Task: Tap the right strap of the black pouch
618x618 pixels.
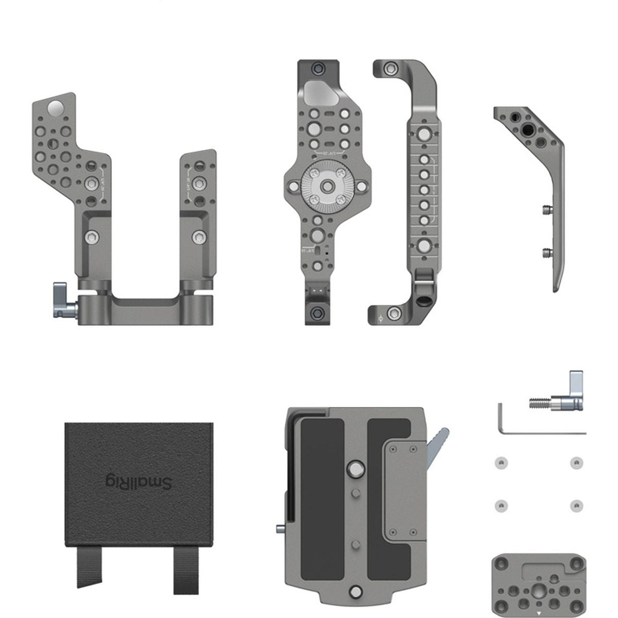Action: (186, 570)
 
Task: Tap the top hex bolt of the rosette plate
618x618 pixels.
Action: (320, 67)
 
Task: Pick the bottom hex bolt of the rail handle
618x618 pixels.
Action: (394, 313)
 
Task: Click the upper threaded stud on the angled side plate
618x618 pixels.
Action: (546, 209)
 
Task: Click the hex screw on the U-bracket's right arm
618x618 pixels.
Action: (198, 237)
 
